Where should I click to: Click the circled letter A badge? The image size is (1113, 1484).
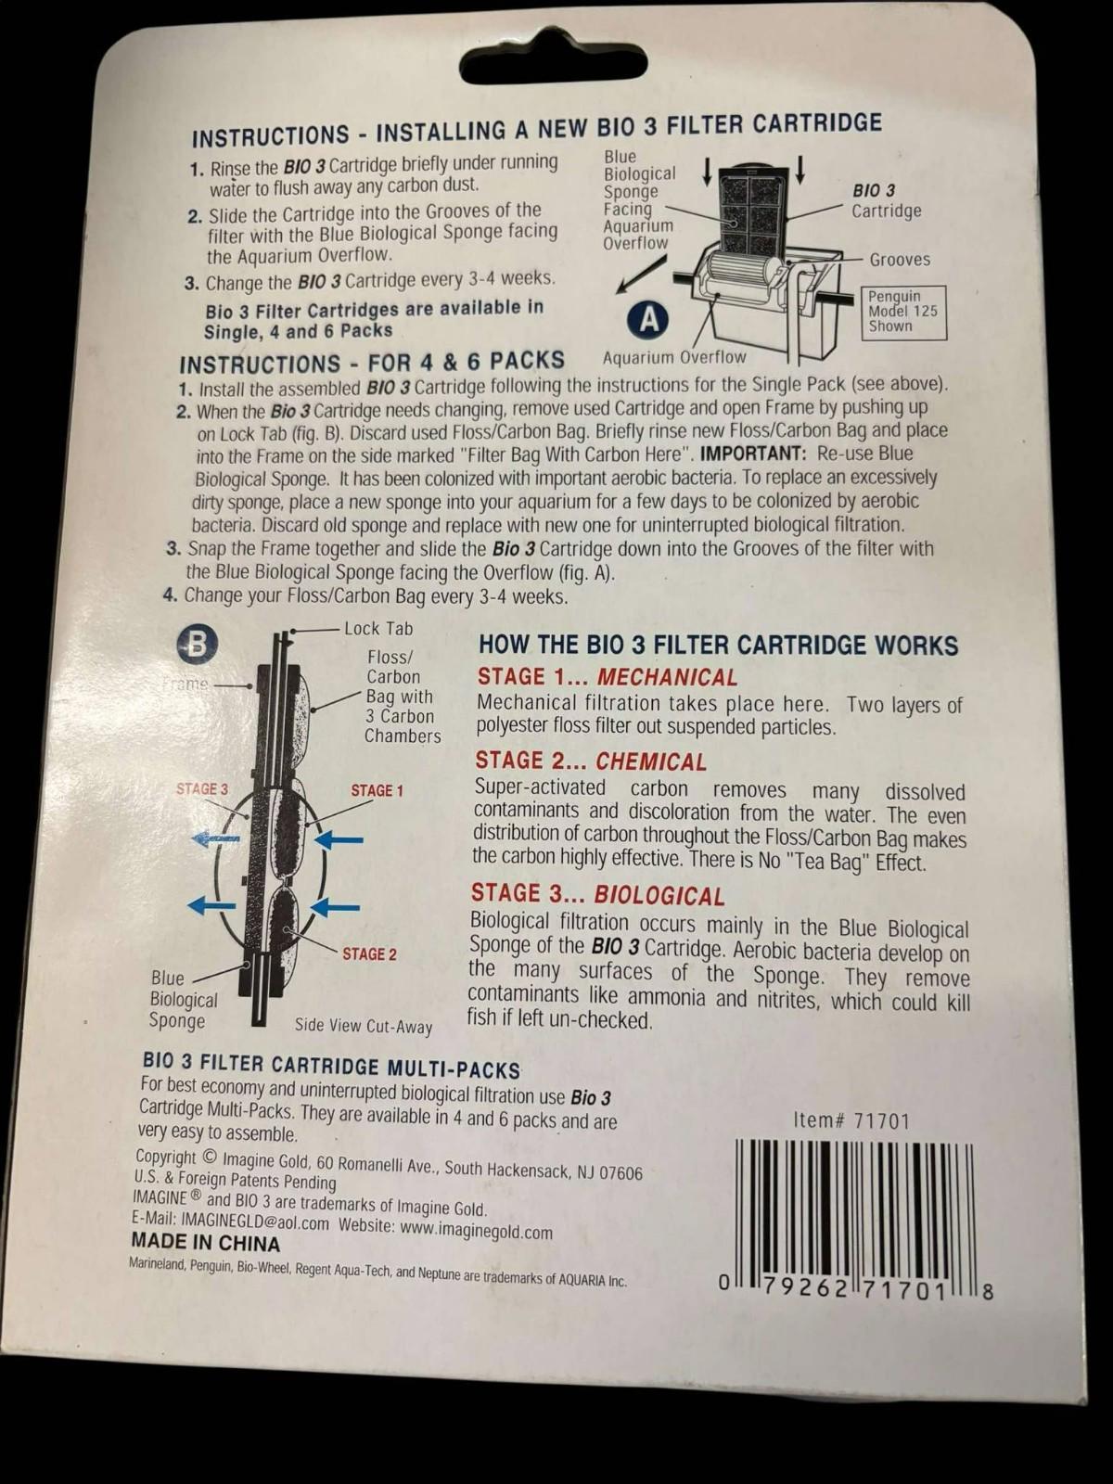pos(648,320)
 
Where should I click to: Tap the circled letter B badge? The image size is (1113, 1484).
pos(197,645)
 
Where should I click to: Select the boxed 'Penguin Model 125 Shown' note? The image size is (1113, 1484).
pos(906,312)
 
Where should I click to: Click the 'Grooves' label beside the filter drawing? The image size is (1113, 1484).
pos(900,260)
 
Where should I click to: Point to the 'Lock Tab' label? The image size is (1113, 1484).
pos(378,629)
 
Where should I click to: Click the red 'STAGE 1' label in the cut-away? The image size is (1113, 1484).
pos(377,790)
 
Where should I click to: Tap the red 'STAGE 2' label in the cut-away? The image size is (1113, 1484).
pos(370,954)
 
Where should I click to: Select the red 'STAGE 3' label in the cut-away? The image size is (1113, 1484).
pos(202,789)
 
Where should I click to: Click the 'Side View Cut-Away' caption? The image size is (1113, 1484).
pos(363,1026)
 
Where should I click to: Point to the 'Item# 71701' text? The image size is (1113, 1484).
pos(851,1121)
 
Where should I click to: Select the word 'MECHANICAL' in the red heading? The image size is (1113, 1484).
pos(667,677)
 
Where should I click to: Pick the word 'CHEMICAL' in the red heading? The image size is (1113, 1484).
pos(651,762)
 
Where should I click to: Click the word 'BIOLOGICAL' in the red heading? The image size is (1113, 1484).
pos(659,896)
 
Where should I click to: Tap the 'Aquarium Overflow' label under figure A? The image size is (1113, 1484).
pos(673,358)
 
